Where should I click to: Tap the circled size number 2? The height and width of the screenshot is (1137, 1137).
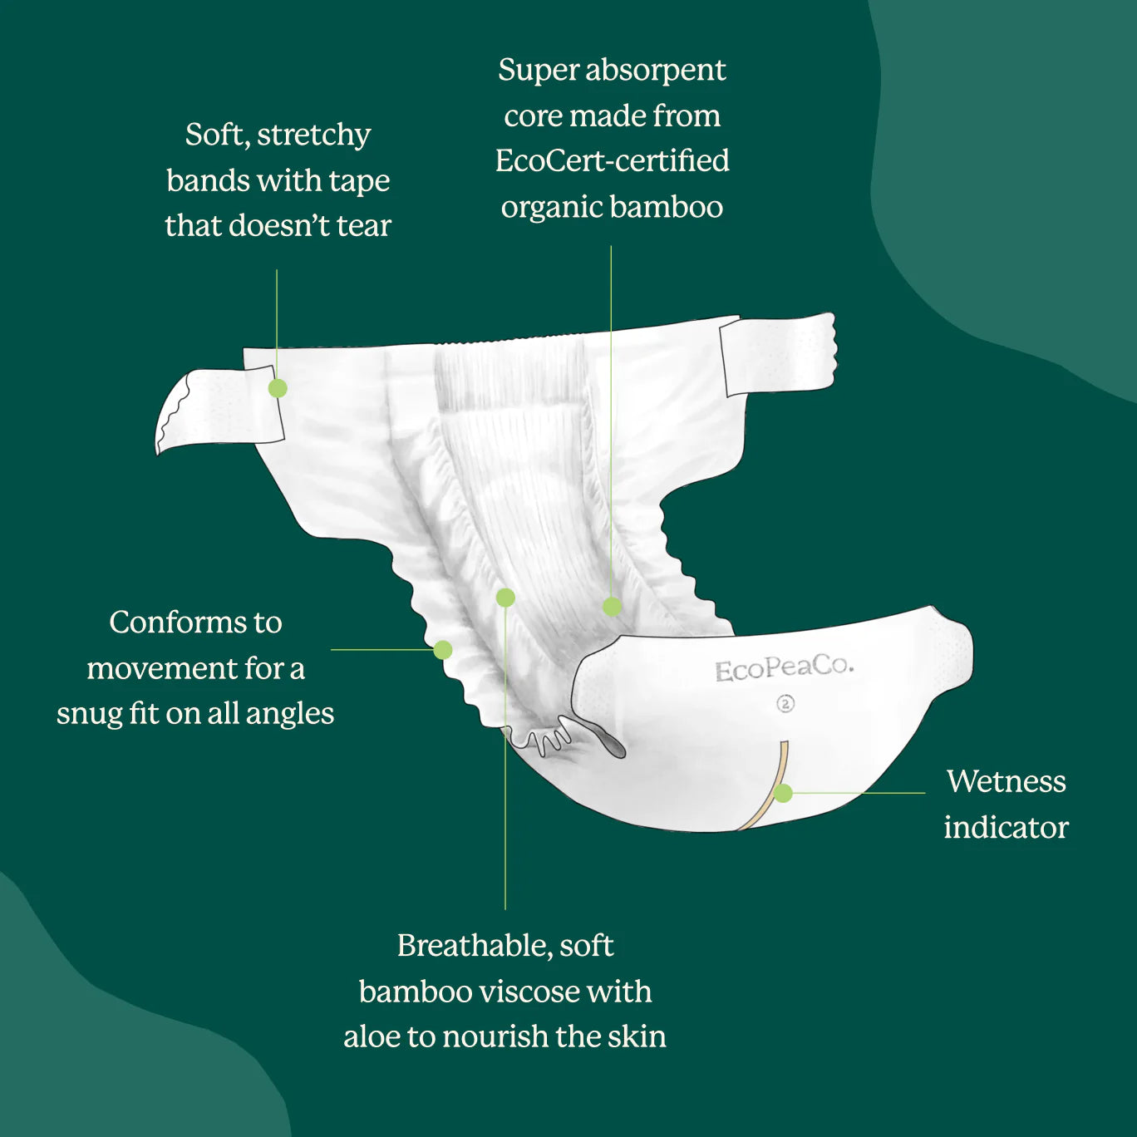[785, 704]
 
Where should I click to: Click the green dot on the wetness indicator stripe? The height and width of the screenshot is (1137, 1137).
[783, 793]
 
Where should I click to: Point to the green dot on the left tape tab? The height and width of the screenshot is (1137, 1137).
[278, 388]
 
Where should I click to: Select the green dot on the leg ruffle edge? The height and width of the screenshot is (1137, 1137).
[442, 650]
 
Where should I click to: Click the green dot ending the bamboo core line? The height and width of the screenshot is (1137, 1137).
[612, 606]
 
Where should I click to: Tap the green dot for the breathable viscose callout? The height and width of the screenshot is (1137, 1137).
[505, 597]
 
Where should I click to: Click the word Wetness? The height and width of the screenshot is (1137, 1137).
[1006, 781]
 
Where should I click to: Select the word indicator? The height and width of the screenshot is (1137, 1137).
[1006, 827]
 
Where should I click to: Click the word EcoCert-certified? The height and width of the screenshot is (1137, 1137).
[612, 160]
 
